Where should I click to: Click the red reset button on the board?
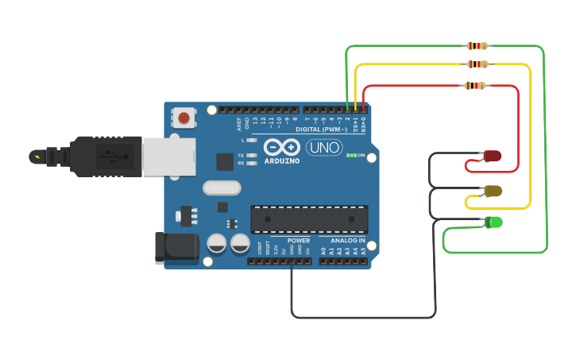184,118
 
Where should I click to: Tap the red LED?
493,156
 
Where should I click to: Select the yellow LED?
493,191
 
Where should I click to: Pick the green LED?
493,223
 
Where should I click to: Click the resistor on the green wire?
477,46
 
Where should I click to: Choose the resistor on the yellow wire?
477,64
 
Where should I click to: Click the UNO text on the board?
324,148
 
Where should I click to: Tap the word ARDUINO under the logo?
282,161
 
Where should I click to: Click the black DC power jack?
176,247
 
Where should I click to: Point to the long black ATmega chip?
309,219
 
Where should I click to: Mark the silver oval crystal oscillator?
222,188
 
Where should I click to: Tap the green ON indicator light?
351,155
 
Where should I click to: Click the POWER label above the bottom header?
299,240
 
